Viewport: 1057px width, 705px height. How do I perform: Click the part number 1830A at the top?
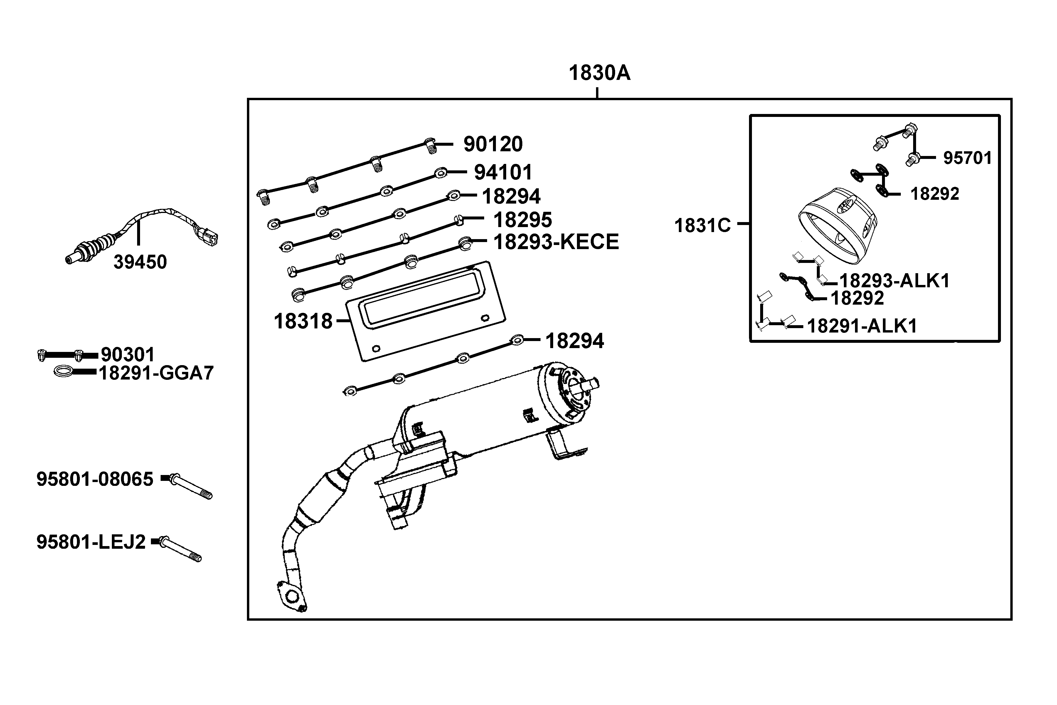[600, 73]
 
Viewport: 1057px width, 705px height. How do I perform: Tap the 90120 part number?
[493, 144]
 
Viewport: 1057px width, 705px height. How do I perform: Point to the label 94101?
[503, 172]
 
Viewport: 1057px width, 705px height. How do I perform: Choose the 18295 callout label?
[522, 220]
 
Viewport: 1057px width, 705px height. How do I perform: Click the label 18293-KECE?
[556, 242]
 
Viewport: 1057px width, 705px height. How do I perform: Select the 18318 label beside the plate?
[303, 321]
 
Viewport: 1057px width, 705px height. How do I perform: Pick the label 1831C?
[702, 225]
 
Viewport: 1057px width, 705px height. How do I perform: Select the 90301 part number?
[128, 355]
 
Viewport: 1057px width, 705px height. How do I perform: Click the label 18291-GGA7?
[156, 373]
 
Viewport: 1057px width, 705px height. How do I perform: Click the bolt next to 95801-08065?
[191, 487]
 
